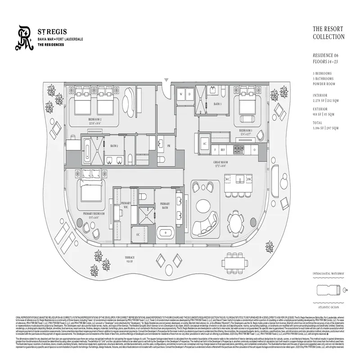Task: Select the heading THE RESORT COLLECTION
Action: (328, 33)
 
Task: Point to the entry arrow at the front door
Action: (166, 81)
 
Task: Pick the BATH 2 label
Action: (114, 146)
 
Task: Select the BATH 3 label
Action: (217, 104)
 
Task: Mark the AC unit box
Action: (204, 144)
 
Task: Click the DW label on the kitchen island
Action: (249, 179)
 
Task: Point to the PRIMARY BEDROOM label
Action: (94, 214)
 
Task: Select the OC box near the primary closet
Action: (138, 234)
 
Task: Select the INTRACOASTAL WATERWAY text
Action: (328, 273)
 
